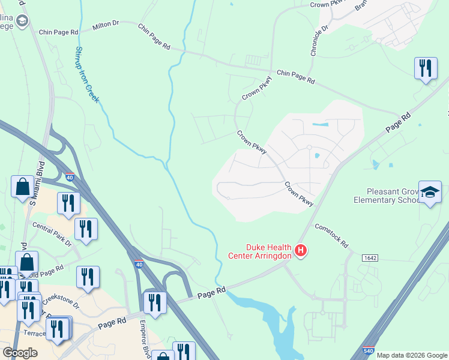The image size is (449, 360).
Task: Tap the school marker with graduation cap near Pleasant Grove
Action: [x=429, y=193]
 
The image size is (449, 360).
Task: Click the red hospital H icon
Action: [x=301, y=250]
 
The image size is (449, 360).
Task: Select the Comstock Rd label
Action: [x=332, y=235]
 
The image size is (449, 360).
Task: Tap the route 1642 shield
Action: [x=370, y=257]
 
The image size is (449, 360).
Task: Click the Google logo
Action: [x=20, y=353]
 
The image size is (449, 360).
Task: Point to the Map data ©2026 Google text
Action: [x=411, y=355]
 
